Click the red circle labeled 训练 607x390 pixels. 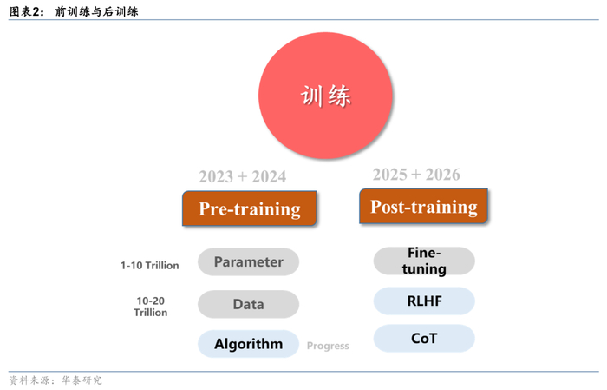(325, 96)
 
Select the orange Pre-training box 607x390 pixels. (250, 208)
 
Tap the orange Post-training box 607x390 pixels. (424, 207)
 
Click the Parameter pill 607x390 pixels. (248, 261)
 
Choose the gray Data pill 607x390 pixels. (248, 304)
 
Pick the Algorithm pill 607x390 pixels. (248, 343)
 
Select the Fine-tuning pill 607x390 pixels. (424, 261)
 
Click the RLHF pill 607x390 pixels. (424, 301)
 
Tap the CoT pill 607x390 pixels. (424, 338)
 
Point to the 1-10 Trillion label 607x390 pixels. (149, 265)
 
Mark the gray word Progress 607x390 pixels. (328, 346)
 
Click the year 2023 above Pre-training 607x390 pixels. (216, 177)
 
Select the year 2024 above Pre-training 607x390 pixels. (269, 177)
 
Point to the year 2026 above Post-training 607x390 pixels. (443, 175)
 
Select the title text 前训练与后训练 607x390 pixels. (95, 12)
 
